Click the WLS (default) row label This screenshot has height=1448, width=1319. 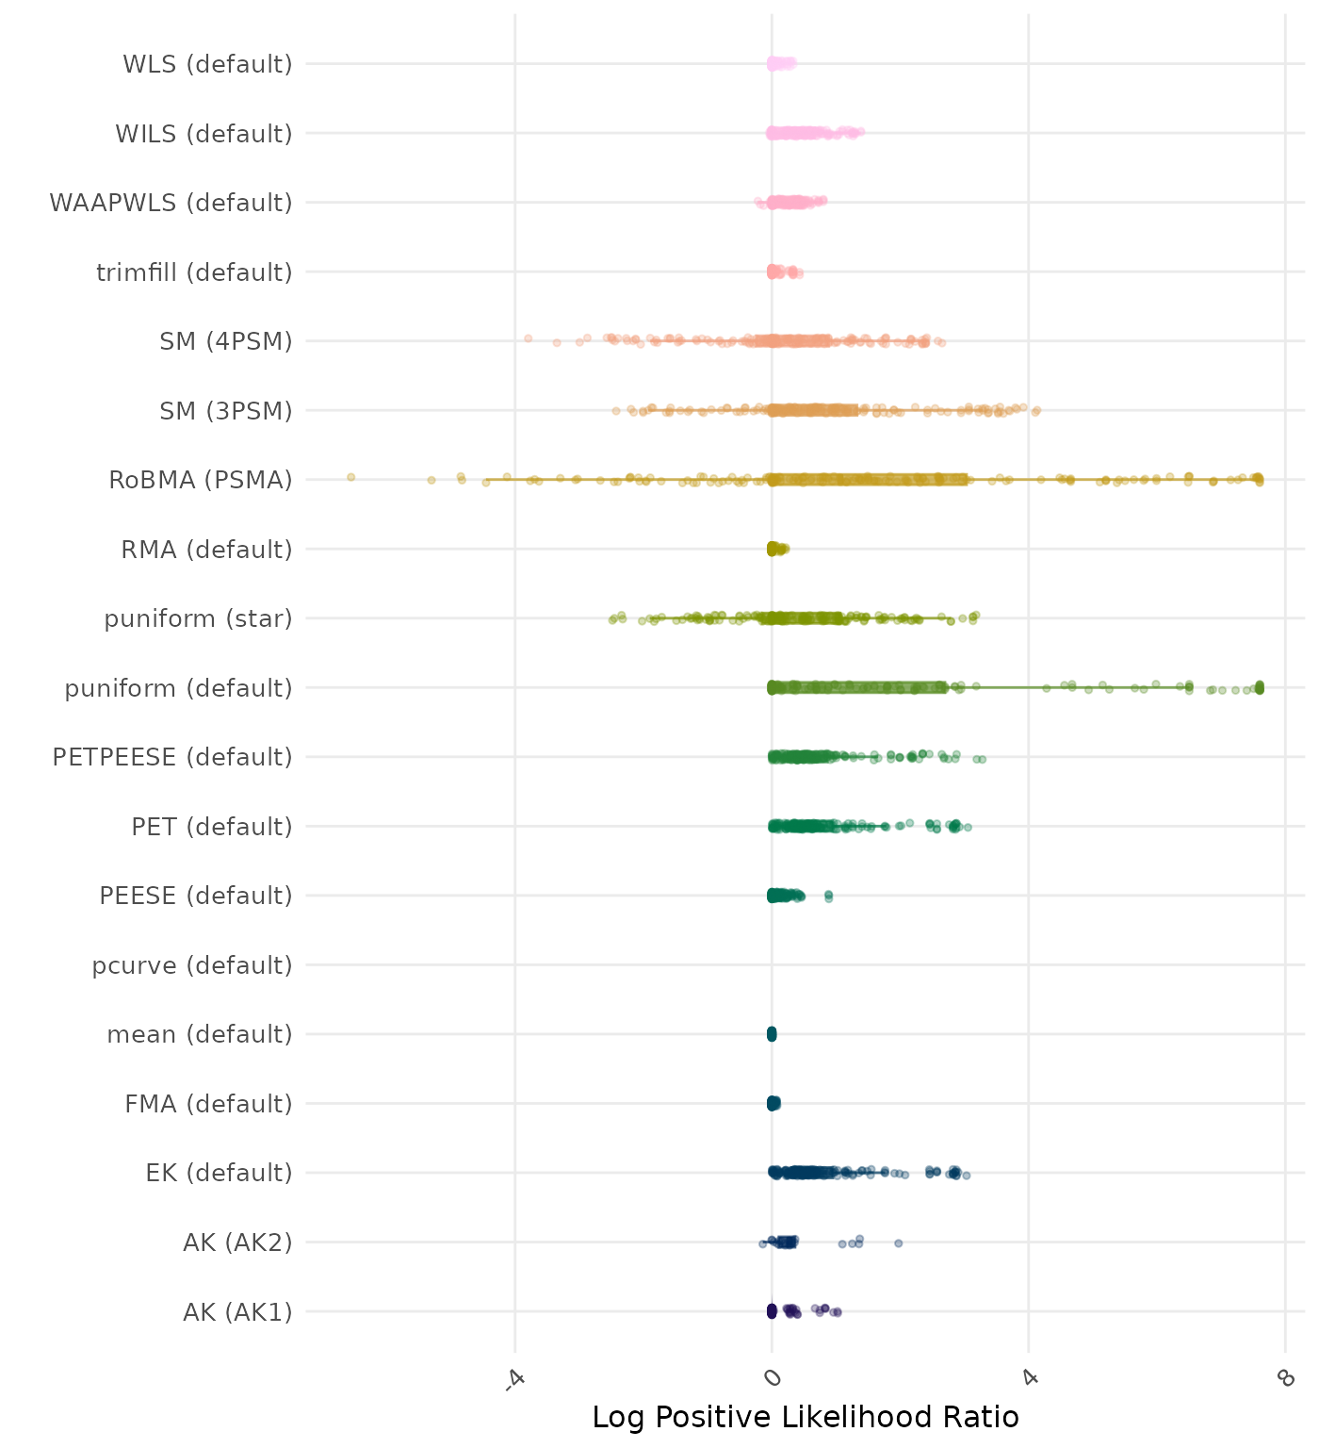pyautogui.click(x=207, y=64)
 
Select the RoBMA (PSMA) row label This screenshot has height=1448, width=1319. pyautogui.click(x=200, y=480)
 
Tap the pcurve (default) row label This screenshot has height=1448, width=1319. pyautogui.click(x=192, y=965)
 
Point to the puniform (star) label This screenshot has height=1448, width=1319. pyautogui.click(x=198, y=618)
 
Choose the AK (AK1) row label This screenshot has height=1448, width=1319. pyautogui.click(x=237, y=1311)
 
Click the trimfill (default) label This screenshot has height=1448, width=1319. pyautogui.click(x=194, y=272)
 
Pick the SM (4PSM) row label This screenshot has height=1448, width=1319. pyautogui.click(x=226, y=341)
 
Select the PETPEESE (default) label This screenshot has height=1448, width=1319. pyautogui.click(x=172, y=757)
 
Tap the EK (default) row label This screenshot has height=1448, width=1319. pyautogui.click(x=219, y=1173)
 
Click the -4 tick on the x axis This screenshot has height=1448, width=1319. pyautogui.click(x=514, y=1378)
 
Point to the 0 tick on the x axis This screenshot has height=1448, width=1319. pyautogui.click(x=773, y=1378)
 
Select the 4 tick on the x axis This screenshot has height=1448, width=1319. pyautogui.click(x=1030, y=1378)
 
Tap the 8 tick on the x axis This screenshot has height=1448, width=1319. pyautogui.click(x=1286, y=1378)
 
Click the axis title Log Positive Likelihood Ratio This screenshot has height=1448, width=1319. pyautogui.click(x=806, y=1417)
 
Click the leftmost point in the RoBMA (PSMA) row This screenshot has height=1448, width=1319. pyautogui.click(x=350, y=477)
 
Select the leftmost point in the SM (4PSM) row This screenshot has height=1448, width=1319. pyautogui.click(x=528, y=338)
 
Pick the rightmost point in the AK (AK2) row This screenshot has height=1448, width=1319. pyautogui.click(x=898, y=1243)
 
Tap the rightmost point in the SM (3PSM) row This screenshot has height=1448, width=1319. pyautogui.click(x=1036, y=410)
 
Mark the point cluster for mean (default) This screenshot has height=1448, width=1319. pyautogui.click(x=772, y=1034)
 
